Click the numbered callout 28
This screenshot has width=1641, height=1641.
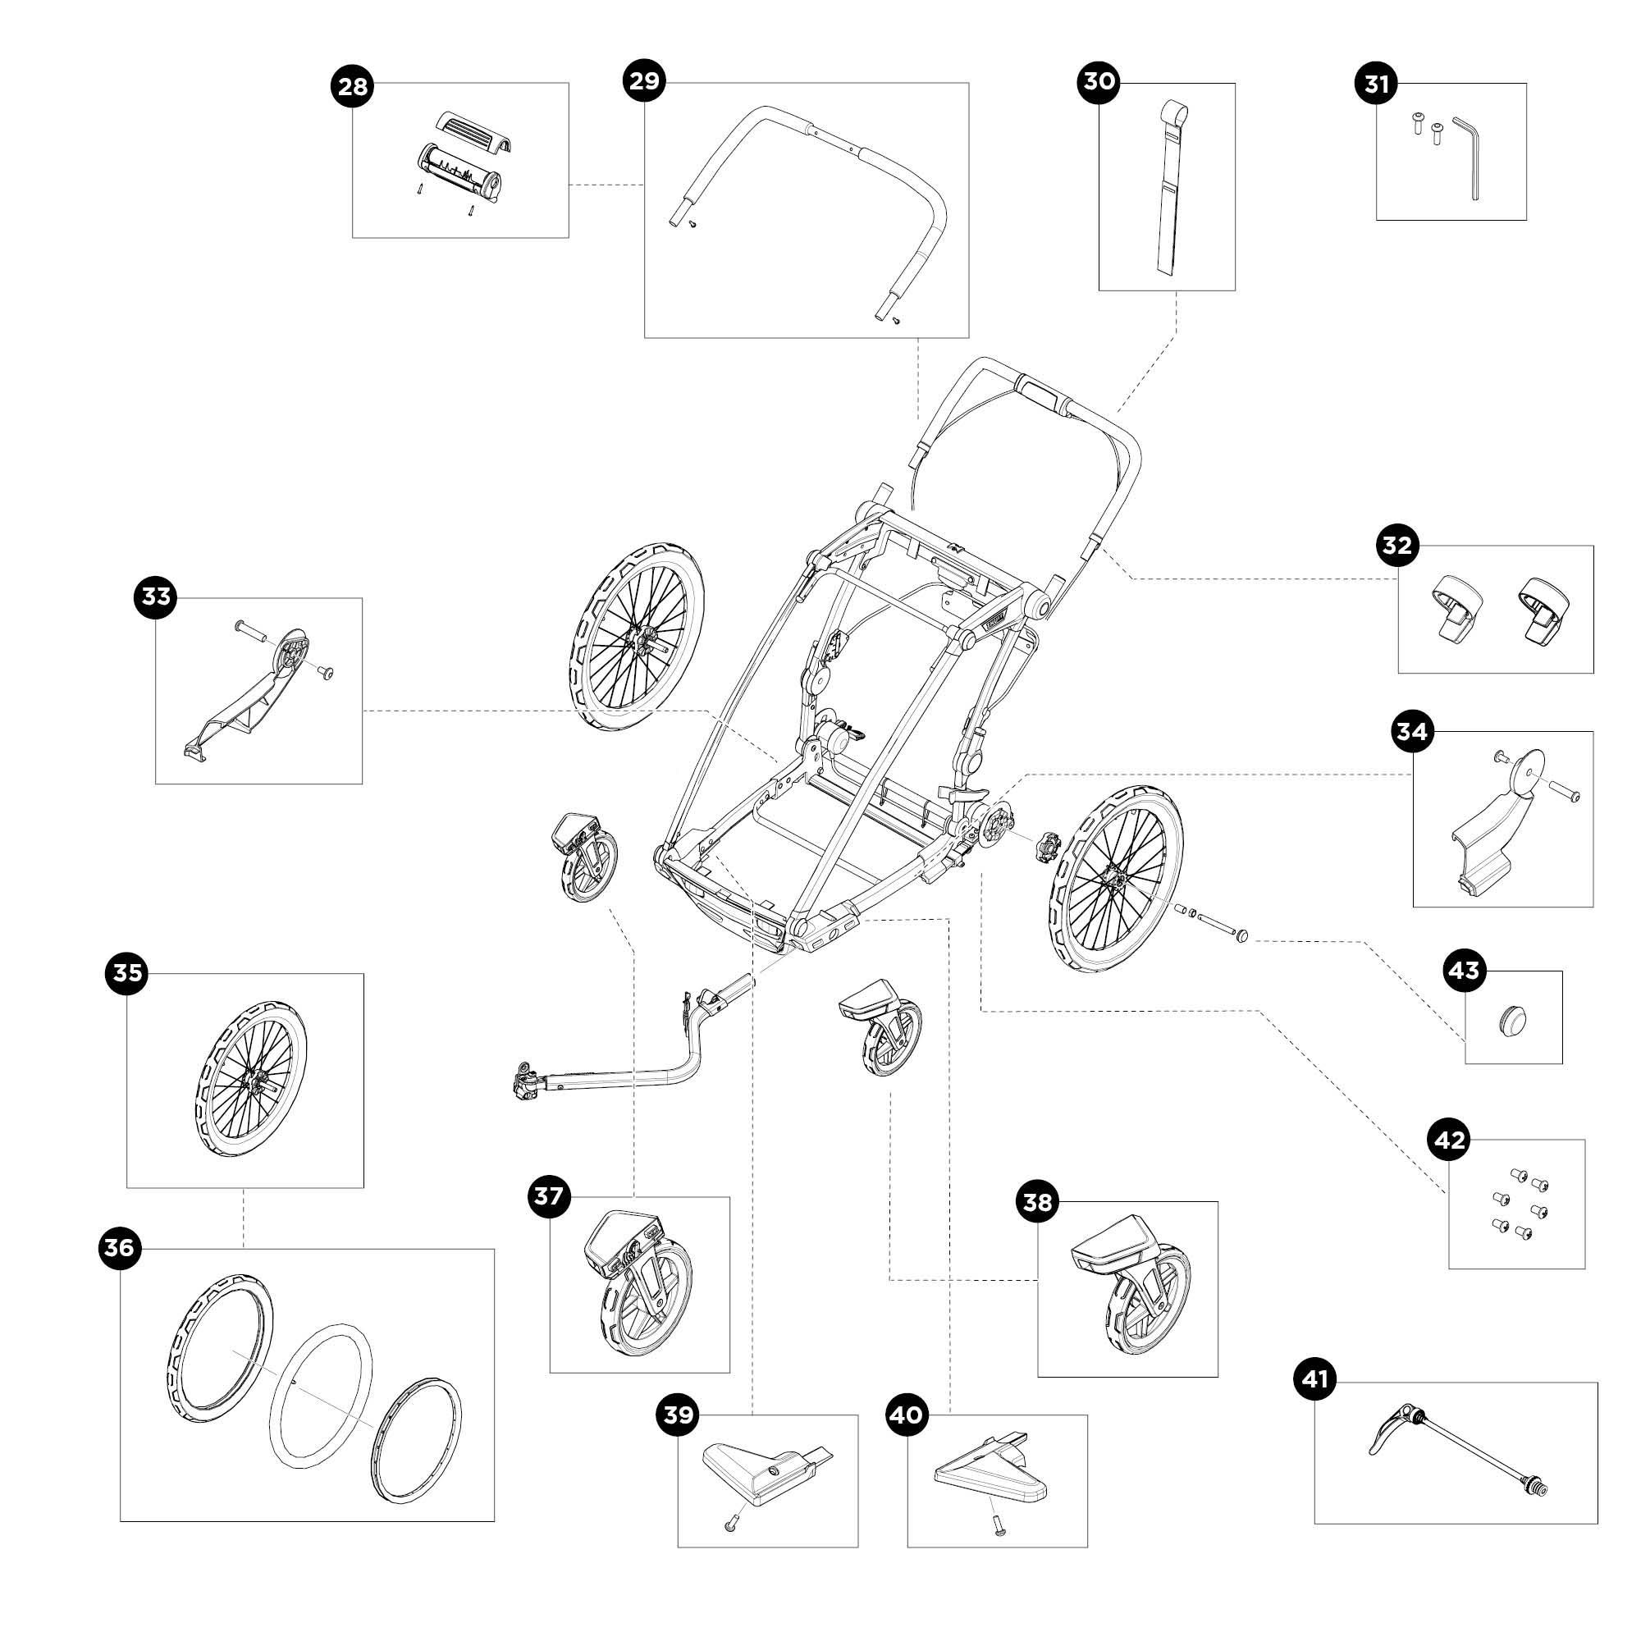353,88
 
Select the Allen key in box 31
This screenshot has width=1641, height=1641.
1469,158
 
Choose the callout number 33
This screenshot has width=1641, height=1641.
156,597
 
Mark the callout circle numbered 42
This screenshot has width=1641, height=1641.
1449,1140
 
